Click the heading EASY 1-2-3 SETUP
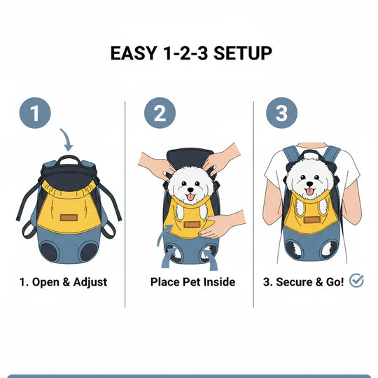pos(190,53)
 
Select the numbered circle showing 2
pos(160,113)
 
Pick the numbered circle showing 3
pos(281,113)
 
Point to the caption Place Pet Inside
pos(192,283)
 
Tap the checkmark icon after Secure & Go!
pos(356,281)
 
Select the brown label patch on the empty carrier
pos(68,218)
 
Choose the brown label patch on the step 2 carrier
pos(191,224)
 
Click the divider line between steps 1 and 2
pos(125,203)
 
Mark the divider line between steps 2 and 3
pos(253,203)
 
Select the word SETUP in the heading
pos(237,53)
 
